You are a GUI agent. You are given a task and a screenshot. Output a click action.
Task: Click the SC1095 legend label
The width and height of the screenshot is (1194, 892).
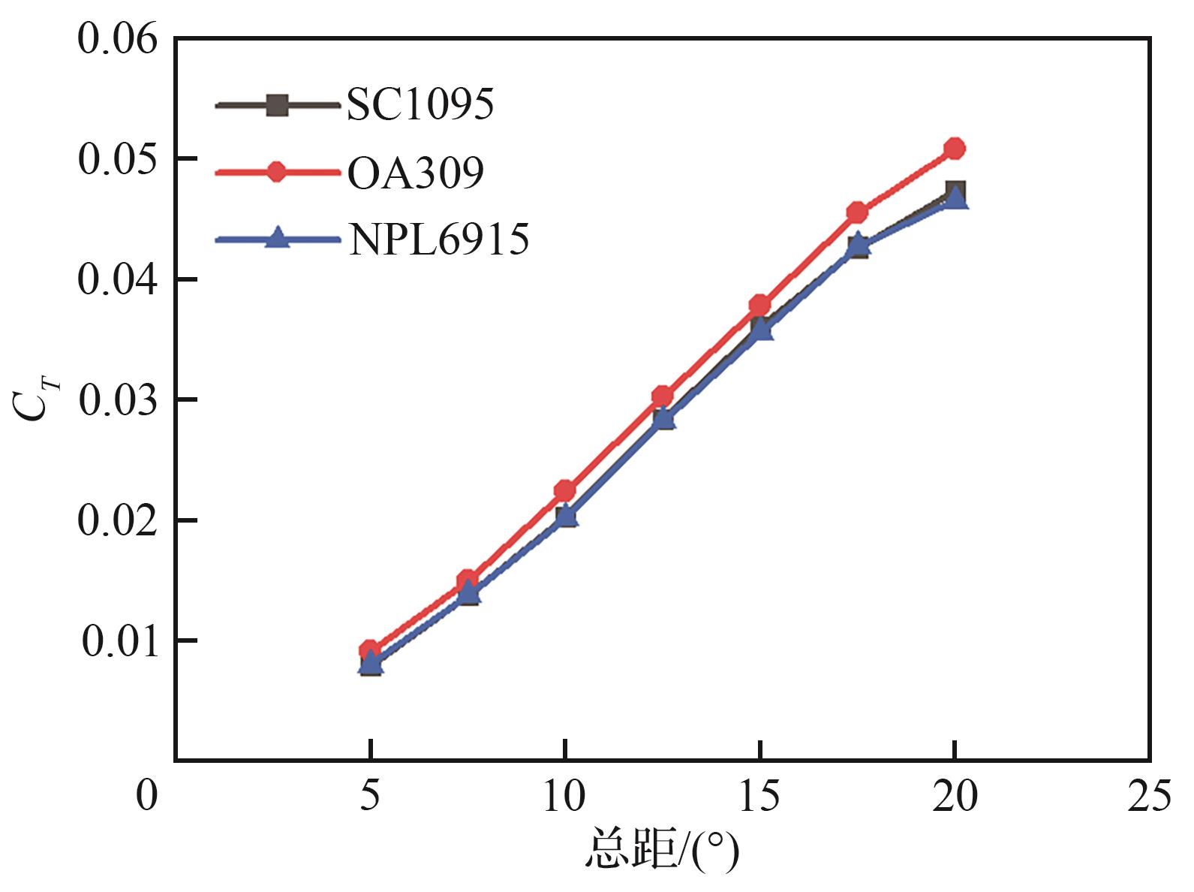tap(420, 104)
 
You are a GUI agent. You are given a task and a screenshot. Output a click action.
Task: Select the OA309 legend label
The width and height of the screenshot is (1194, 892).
tap(415, 173)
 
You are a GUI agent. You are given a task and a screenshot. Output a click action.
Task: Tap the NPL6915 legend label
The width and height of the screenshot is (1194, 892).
tap(438, 240)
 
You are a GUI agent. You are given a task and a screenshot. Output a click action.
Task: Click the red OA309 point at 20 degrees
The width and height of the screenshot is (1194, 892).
tap(955, 148)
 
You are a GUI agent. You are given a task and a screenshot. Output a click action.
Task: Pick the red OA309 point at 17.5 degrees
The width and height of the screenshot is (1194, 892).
tap(857, 212)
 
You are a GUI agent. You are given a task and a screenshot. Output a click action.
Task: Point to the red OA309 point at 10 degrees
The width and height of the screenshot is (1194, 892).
tap(564, 490)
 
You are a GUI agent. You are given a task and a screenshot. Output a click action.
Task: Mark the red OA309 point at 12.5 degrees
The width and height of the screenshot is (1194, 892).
tap(662, 396)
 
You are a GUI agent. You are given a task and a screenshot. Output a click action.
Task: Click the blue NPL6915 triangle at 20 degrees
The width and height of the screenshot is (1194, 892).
tap(955, 197)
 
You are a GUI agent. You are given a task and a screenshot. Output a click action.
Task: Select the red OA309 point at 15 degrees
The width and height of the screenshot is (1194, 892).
tap(759, 305)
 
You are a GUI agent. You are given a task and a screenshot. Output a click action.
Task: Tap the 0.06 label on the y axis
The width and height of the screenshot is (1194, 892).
tap(118, 38)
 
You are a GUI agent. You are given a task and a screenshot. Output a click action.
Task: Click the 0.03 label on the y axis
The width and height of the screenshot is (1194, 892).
tap(118, 399)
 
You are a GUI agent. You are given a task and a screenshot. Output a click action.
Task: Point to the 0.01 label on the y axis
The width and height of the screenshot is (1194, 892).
tap(120, 641)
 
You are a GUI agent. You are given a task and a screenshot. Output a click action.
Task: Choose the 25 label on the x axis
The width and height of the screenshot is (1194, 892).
tap(1149, 796)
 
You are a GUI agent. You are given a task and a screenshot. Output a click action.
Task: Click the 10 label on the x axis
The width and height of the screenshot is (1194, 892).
tap(564, 796)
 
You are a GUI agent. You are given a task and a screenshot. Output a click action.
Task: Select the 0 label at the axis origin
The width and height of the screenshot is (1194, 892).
tap(147, 796)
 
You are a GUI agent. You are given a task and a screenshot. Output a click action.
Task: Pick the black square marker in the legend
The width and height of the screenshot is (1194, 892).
tap(277, 105)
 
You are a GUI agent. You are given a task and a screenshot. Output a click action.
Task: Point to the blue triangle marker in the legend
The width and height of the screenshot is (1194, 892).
tap(277, 239)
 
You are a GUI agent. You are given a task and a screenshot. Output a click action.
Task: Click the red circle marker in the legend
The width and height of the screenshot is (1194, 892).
tap(277, 172)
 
